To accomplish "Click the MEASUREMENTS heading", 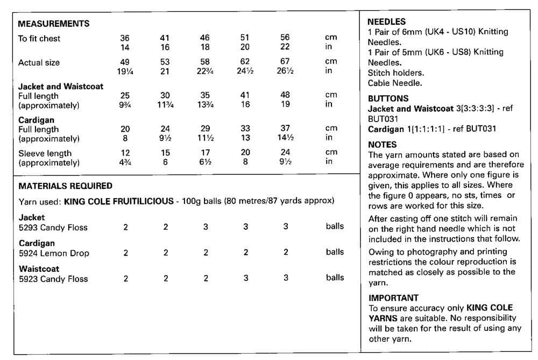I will tap(54, 24).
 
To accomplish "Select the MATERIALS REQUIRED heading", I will tap(65, 186).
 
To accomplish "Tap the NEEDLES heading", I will tap(386, 22).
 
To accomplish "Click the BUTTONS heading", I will tap(388, 98).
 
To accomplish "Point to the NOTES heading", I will tap(383, 144).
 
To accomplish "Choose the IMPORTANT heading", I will tap(393, 298).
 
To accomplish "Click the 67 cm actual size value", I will tap(285, 62).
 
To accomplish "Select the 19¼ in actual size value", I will tap(125, 71).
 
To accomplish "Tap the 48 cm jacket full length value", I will tap(285, 95).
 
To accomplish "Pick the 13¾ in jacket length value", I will tap(205, 104).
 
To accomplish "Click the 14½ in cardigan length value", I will tap(285, 138).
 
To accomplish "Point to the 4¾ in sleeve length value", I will tap(125, 162).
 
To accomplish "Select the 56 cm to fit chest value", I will tap(285, 38).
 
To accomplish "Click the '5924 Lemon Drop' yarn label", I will tap(54, 253).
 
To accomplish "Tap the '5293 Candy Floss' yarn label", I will tap(53, 227).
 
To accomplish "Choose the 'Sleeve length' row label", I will tap(45, 153).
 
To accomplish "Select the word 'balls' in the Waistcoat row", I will tap(335, 278).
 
